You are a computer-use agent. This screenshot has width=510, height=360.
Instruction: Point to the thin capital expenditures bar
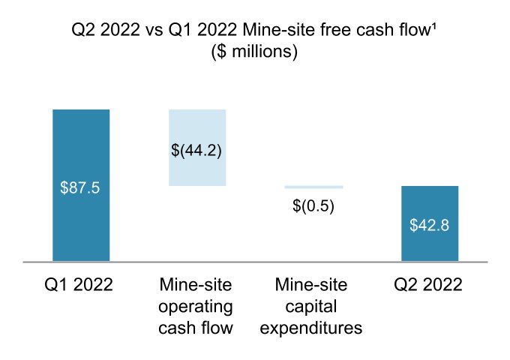tap(313, 187)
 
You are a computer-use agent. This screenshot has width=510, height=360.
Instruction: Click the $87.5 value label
tap(80, 187)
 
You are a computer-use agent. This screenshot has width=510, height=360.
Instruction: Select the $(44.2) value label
tap(196, 149)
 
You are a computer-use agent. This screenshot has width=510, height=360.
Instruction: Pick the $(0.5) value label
tap(313, 205)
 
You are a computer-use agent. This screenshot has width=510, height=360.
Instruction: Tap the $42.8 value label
tap(430, 225)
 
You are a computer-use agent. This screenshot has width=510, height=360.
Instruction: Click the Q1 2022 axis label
tap(80, 285)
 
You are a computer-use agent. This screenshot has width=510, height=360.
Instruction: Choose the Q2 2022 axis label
tap(430, 285)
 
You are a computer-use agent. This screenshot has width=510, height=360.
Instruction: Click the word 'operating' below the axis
tap(196, 307)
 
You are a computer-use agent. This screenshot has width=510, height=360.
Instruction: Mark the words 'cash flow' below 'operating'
tap(196, 328)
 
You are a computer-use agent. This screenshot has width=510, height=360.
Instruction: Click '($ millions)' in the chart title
tap(255, 52)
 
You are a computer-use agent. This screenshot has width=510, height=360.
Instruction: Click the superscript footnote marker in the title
tap(437, 28)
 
